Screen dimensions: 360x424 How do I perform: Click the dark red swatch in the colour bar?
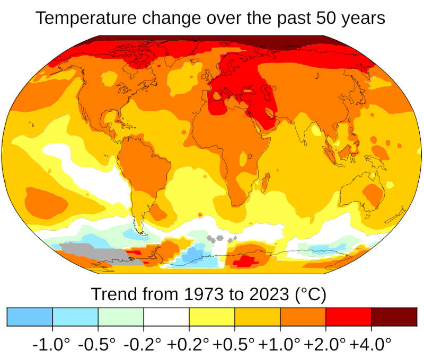(x=394, y=316)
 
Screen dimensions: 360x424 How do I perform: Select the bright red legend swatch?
(x=348, y=316)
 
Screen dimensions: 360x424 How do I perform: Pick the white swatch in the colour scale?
(x=166, y=316)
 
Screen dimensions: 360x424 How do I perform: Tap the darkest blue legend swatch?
(x=30, y=316)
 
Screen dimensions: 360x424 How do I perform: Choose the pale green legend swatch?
(x=121, y=316)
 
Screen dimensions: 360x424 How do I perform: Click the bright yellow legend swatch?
(x=212, y=316)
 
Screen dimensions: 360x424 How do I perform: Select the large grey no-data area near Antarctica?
(x=95, y=253)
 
